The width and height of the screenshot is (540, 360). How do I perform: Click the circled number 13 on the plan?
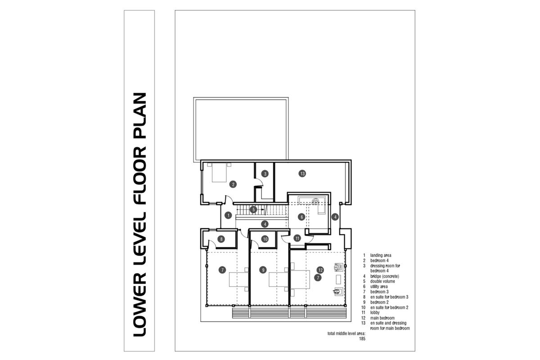click(302, 173)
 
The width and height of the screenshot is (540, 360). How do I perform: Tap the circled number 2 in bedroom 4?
click(233, 184)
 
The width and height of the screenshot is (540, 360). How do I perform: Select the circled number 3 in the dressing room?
click(265, 173)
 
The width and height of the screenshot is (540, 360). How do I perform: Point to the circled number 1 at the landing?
click(229, 216)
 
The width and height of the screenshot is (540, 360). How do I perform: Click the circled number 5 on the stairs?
click(254, 209)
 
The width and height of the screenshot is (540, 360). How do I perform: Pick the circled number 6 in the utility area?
click(302, 216)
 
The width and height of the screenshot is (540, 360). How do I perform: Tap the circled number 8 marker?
click(221, 239)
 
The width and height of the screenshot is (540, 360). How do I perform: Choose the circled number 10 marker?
click(265, 239)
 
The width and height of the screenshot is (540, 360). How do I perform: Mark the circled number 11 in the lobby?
click(297, 238)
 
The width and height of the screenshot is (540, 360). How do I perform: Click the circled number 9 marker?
click(263, 270)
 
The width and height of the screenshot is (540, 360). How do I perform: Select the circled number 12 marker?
click(320, 270)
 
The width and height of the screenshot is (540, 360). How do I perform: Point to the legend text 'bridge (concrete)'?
click(385, 276)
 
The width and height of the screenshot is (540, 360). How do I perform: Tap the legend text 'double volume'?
click(382, 281)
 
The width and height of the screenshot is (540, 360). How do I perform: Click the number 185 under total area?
click(362, 339)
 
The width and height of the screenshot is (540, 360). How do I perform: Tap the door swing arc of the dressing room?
click(259, 182)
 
